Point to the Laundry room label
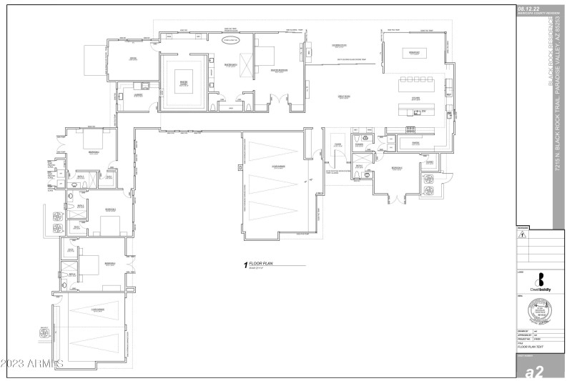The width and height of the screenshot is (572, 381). click(138, 94)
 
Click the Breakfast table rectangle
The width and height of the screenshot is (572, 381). click(413, 53)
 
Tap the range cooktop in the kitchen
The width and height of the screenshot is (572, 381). click(412, 129)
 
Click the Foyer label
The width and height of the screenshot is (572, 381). click(337, 144)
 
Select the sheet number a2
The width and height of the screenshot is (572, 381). click(536, 370)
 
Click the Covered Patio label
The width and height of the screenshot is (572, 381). click(338, 46)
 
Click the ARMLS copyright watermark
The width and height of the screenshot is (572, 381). click(33, 363)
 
